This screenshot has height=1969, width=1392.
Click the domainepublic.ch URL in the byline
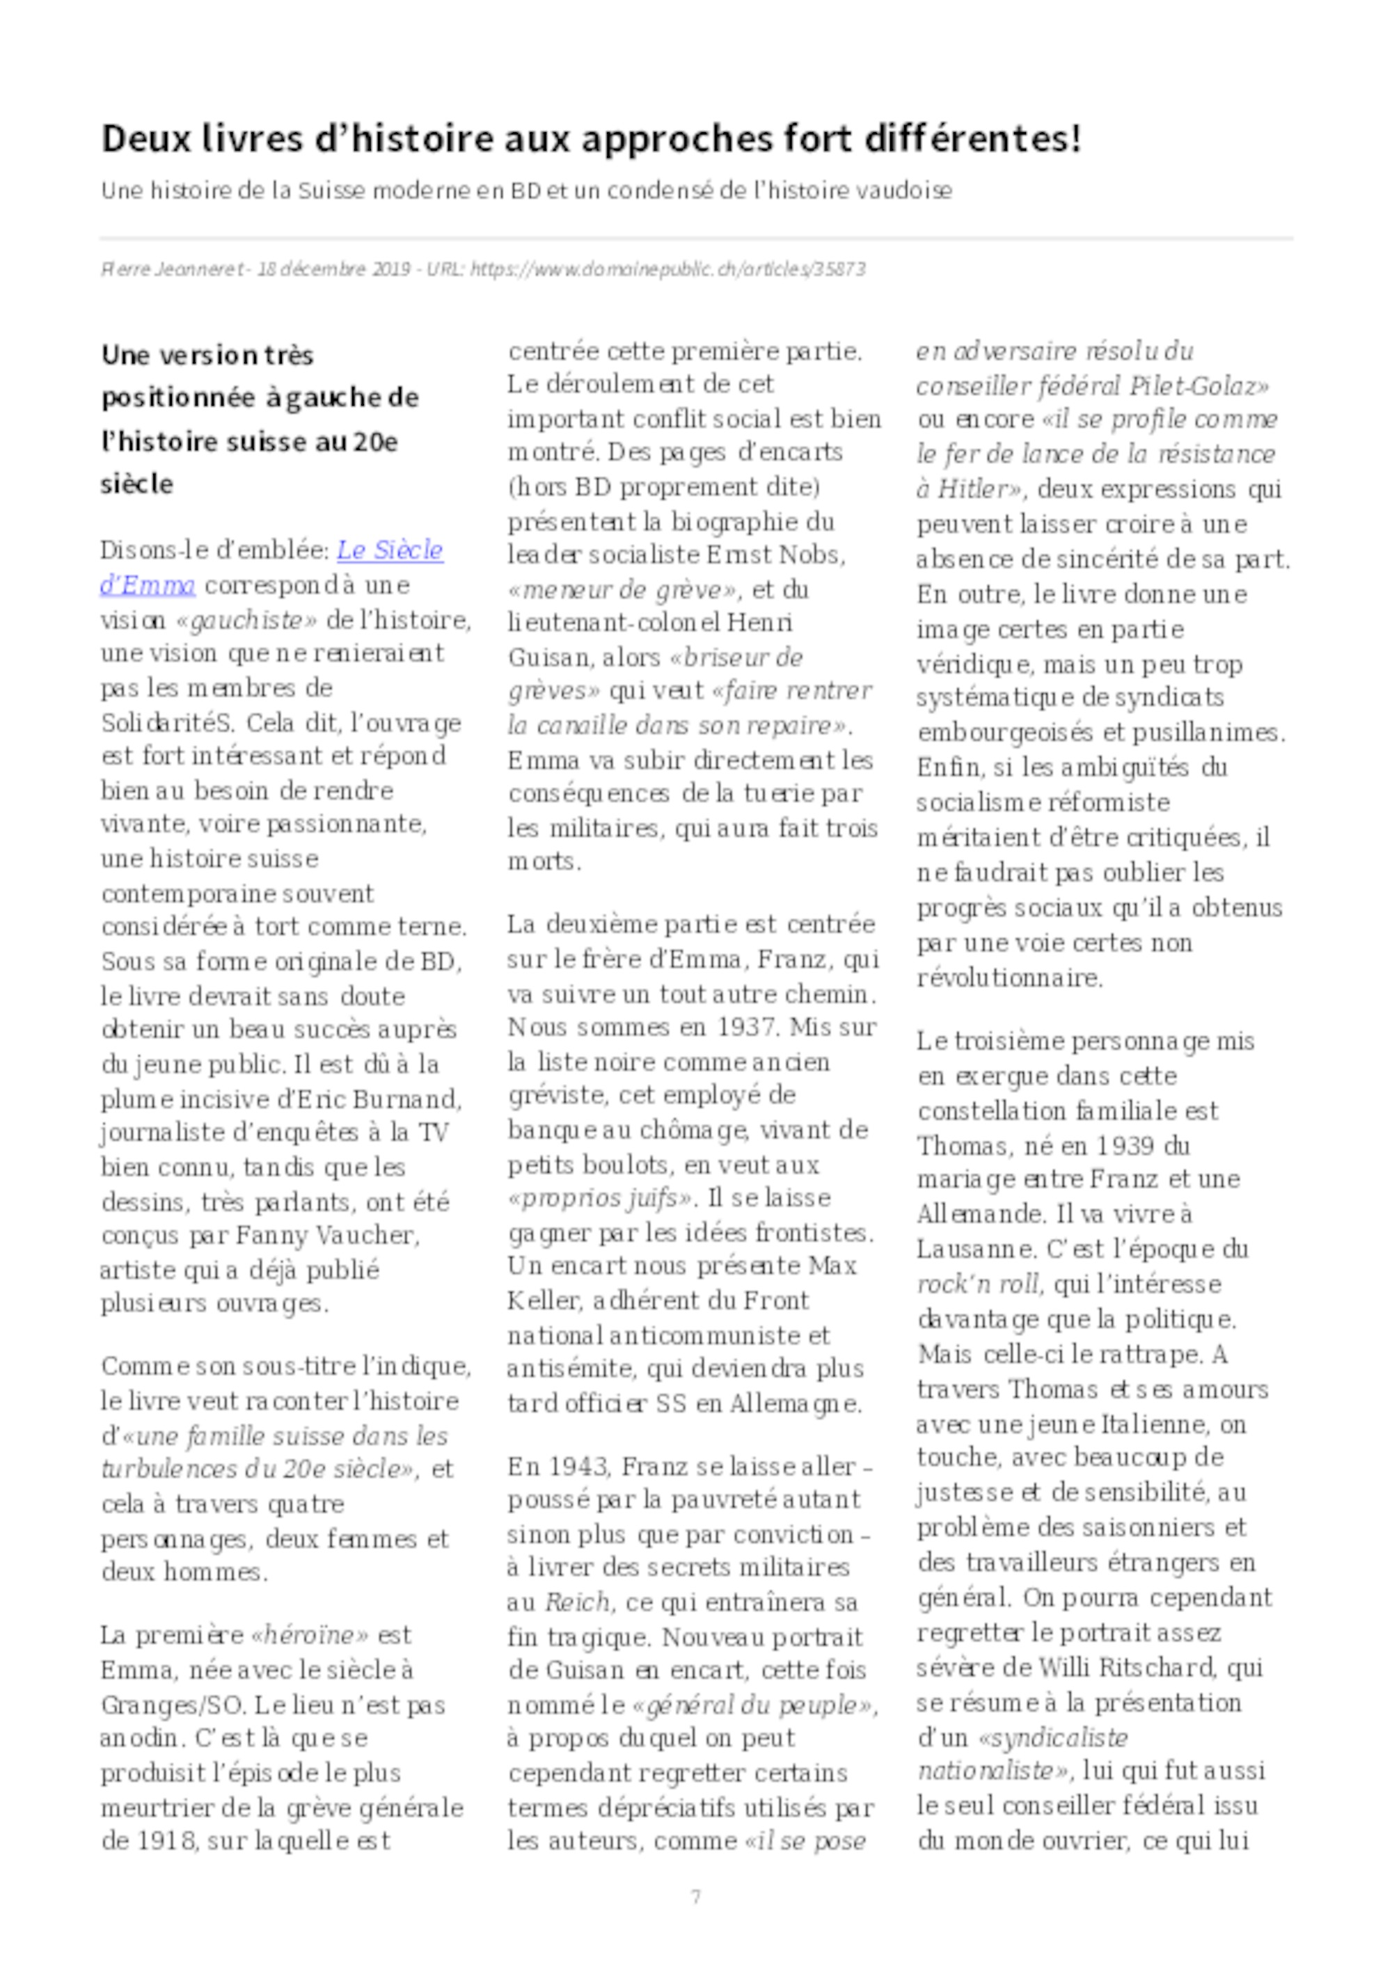coord(668,269)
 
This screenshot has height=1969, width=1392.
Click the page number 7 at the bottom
coord(695,1896)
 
